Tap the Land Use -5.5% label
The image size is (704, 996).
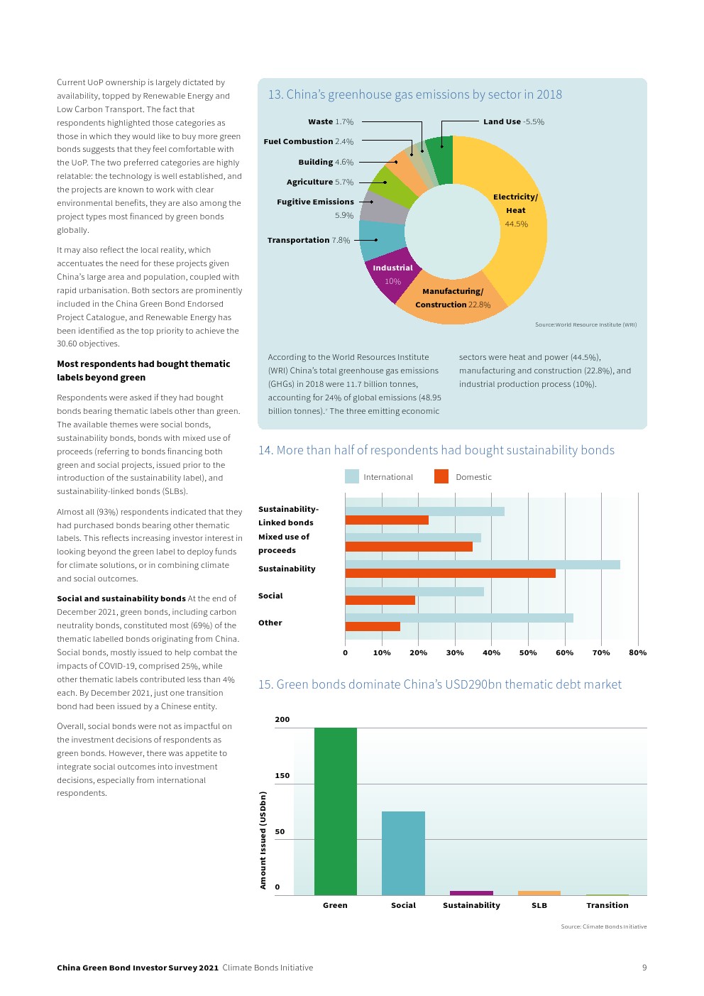513,122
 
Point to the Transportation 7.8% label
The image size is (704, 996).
309,241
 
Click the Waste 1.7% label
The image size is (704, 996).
331,122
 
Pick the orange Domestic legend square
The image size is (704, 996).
441,477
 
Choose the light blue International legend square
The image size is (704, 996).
352,477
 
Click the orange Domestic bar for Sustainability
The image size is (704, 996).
450,574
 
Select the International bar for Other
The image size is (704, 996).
459,618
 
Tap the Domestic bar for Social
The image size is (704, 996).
380,601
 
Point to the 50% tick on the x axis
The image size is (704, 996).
528,653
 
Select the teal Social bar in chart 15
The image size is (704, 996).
403,853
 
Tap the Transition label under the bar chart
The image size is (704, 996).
607,906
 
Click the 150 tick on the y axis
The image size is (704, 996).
282,776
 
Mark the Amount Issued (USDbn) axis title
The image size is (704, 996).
263,841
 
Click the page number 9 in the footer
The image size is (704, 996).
644,968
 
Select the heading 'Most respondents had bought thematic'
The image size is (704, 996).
143,364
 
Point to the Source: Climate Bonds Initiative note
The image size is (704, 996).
603,926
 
